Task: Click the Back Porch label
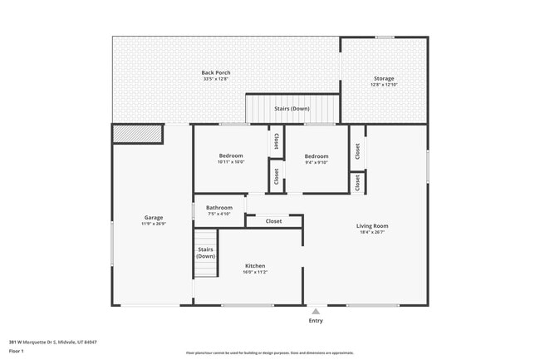(216, 73)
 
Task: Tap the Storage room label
(383, 79)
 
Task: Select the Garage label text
(154, 218)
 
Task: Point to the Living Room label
(372, 226)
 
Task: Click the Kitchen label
(254, 266)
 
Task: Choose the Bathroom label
(219, 208)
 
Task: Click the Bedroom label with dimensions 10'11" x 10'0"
(231, 156)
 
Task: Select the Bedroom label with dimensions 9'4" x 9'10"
(316, 156)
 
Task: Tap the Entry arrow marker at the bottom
(316, 312)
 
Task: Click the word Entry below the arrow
(316, 321)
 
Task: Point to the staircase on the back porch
(292, 109)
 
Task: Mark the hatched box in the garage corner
(138, 133)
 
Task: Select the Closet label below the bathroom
(273, 221)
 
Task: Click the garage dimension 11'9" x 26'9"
(154, 224)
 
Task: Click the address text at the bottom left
(53, 342)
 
